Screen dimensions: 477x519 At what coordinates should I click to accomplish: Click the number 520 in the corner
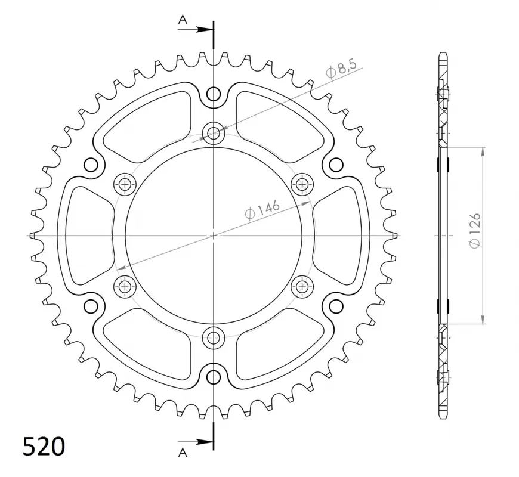pyautogui.click(x=44, y=446)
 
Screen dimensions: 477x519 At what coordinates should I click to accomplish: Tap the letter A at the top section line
pyautogui.click(x=183, y=20)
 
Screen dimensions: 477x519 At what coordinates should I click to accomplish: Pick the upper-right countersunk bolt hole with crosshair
pyautogui.click(x=302, y=184)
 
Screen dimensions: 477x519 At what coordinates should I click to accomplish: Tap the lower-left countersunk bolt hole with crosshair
pyautogui.click(x=124, y=287)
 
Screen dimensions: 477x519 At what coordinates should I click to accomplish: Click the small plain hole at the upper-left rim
pyautogui.click(x=91, y=165)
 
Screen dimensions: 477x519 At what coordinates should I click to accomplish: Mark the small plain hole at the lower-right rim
pyautogui.click(x=336, y=306)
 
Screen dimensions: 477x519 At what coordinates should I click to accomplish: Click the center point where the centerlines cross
pyautogui.click(x=213, y=236)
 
